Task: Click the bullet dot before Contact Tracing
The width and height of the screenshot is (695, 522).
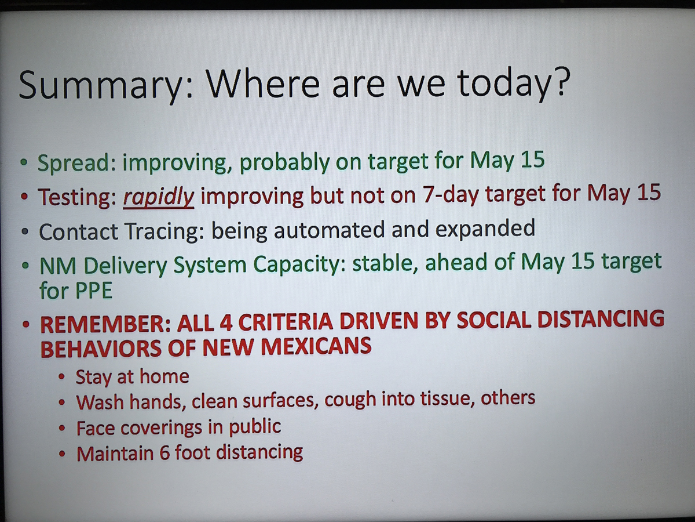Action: (x=25, y=231)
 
